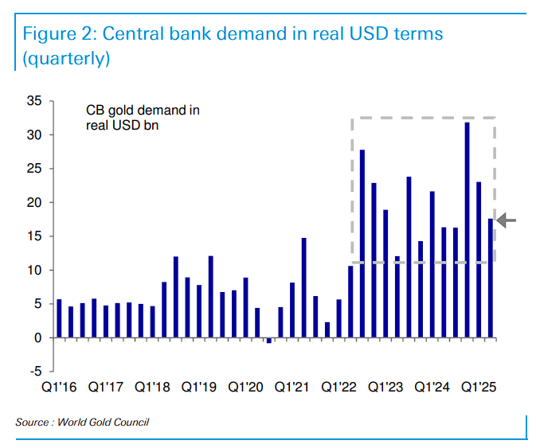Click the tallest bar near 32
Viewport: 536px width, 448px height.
468,230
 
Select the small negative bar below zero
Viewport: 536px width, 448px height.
269,341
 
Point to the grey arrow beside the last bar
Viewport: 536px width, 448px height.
507,220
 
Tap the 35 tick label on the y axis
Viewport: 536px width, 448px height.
35,101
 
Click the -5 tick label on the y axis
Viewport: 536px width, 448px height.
37,372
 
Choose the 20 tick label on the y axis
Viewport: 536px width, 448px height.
35,203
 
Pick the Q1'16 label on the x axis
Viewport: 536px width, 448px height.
58,388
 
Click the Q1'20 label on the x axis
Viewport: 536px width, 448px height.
245,388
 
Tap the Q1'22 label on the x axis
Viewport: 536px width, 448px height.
338,388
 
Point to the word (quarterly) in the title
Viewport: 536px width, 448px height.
66,58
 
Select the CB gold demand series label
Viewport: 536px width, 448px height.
143,118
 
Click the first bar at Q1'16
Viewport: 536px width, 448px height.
59,318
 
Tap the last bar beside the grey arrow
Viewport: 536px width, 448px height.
491,279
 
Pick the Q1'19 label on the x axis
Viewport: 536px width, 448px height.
198,388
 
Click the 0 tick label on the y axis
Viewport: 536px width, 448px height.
38,338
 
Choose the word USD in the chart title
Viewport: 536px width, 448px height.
369,34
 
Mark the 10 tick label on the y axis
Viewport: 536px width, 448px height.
35,271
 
